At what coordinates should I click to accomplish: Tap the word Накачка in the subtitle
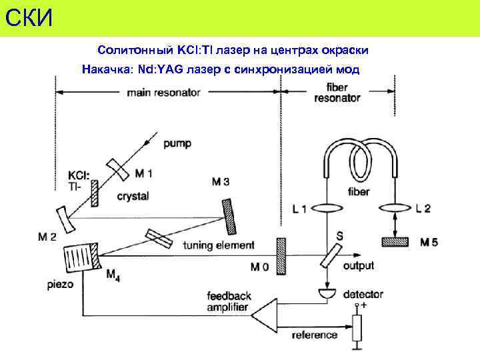(106, 69)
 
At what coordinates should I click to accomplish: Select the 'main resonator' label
(163, 93)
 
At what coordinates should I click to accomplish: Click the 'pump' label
(177, 143)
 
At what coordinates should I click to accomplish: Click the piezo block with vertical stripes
(79, 257)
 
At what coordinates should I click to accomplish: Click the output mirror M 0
(281, 255)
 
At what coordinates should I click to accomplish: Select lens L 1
(327, 209)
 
